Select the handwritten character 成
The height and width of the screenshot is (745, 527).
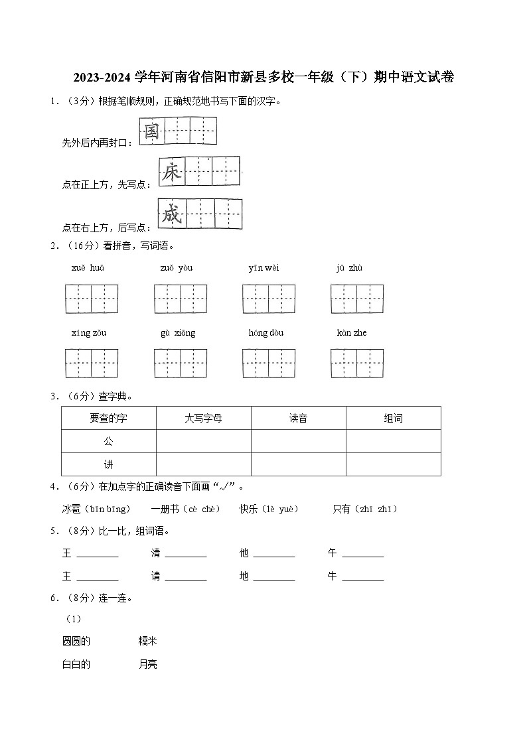point(171,214)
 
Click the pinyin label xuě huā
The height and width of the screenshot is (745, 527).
point(88,268)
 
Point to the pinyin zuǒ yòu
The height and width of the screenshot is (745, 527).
point(176,268)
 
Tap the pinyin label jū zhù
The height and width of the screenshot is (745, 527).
point(349,268)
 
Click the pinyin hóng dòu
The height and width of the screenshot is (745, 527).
point(266,332)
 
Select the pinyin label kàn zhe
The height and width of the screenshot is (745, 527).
point(352,332)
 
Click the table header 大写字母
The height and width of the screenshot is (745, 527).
point(203,419)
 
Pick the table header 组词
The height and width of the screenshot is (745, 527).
point(393,419)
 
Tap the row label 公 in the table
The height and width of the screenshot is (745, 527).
point(109,441)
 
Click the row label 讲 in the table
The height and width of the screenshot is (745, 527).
point(109,464)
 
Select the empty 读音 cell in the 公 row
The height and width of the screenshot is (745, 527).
point(298,441)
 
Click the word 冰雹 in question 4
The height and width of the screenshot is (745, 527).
point(71,509)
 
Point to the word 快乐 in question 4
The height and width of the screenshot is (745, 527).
point(249,509)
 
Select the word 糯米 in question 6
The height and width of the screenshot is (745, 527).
point(148,641)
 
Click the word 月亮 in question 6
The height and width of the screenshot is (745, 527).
point(148,664)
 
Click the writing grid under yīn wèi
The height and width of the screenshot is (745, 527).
point(269,299)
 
